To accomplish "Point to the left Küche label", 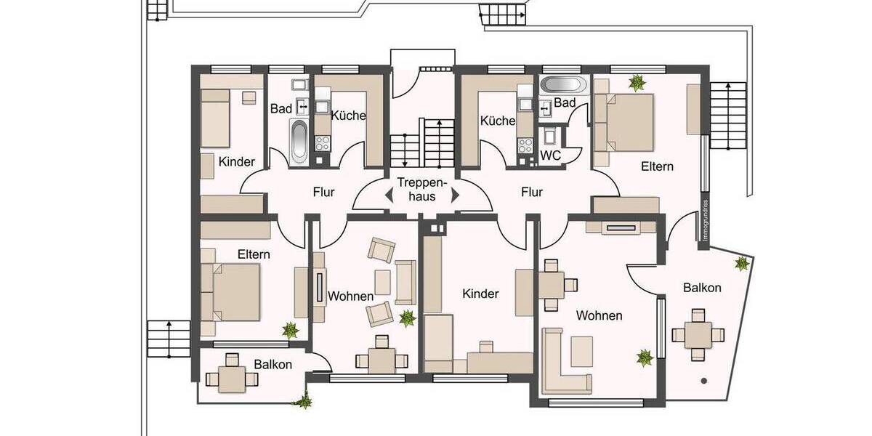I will (x=349, y=116).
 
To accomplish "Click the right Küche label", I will (x=498, y=121).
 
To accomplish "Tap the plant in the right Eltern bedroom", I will (x=637, y=83).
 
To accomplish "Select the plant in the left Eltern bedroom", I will (x=290, y=330).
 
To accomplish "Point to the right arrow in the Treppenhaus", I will (x=455, y=195).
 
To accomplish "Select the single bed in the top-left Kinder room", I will (x=216, y=116).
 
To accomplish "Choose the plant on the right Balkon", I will (x=741, y=264).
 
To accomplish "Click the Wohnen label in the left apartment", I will (x=350, y=296).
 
